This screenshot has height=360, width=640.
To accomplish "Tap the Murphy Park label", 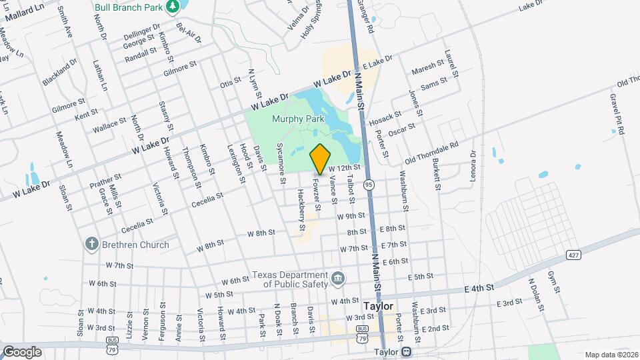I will point(298,119).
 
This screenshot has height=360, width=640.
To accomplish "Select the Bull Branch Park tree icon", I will point(173,6).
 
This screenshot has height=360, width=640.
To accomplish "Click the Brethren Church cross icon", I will point(92,245).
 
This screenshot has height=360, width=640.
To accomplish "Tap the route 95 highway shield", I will point(369,183).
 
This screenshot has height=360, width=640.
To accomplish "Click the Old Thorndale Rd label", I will point(432,153).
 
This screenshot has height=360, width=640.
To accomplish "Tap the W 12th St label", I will point(344,167).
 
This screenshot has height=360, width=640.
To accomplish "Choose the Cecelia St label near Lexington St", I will point(206,198).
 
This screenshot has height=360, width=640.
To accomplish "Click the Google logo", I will point(22,351).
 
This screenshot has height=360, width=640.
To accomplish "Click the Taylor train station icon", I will point(405,352).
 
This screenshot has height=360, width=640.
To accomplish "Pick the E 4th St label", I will point(480,288).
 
